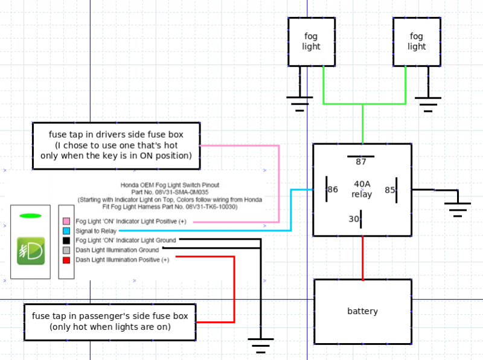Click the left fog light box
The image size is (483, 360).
tap(311, 41)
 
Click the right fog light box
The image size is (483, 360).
tap(417, 41)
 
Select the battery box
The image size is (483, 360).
tap(362, 311)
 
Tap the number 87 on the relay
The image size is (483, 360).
tap(361, 162)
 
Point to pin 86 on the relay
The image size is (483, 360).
tap(331, 189)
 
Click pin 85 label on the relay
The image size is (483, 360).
tap(390, 189)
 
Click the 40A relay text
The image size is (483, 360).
tap(362, 189)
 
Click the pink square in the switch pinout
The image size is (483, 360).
tap(66, 222)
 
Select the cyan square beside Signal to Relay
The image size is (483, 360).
tap(66, 231)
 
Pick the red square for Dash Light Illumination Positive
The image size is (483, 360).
tap(66, 260)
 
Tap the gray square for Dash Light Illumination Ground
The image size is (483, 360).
tap(66, 250)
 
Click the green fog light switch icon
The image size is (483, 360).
tap(30, 250)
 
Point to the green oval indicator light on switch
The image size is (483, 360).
tap(30, 216)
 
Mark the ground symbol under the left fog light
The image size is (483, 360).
tap(298, 104)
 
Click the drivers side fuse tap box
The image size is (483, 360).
tap(116, 145)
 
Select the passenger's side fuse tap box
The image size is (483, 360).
tap(110, 321)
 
